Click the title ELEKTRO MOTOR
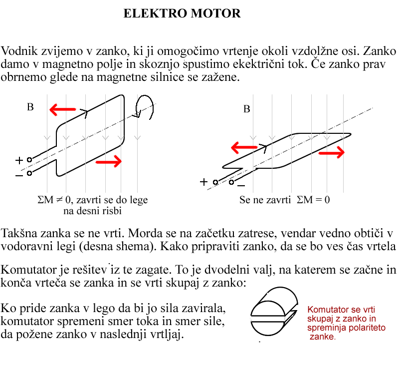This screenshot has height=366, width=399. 182,14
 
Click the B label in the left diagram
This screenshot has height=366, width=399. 30,107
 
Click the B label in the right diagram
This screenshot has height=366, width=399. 246,109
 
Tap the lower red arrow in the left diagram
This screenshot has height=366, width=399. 108,161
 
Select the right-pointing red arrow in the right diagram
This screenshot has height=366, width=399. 332,152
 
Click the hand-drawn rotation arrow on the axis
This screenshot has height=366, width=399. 145,106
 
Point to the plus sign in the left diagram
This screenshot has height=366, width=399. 19,160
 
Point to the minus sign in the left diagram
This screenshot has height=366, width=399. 19,175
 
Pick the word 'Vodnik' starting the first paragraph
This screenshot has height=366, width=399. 17,51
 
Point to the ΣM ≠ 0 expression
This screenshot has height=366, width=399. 55,200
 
